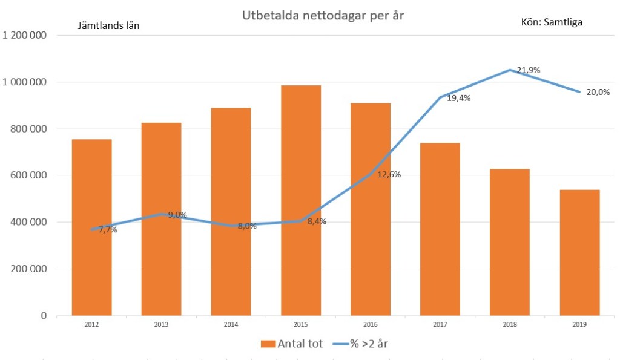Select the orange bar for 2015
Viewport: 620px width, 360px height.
pos(301,200)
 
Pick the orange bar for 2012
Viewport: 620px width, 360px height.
pos(91,227)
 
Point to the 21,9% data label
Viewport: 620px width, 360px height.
pos(528,70)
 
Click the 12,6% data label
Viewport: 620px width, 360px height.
pos(389,175)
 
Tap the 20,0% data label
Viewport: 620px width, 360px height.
pos(598,93)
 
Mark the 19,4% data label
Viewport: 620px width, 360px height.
pos(459,97)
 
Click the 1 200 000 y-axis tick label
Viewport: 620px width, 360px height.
pos(25,35)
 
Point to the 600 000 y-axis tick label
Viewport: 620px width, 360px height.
pos(30,175)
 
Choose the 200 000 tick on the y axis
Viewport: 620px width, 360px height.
pos(30,269)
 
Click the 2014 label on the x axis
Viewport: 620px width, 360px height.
pos(231,324)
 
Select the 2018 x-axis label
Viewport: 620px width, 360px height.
pos(510,324)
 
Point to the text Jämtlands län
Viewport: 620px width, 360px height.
pos(109,25)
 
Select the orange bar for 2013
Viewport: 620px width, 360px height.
pos(161,218)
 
